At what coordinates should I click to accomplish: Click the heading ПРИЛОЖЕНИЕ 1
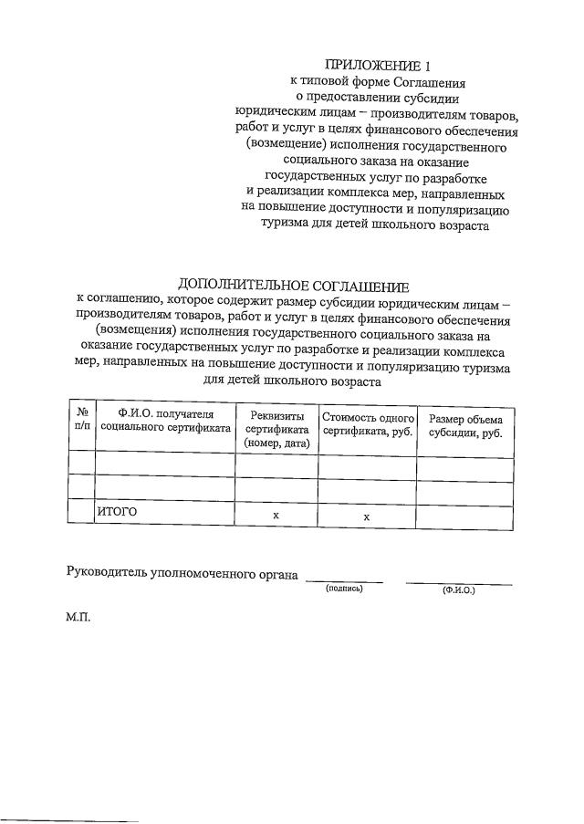click(376, 66)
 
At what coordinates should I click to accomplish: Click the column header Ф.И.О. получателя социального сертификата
click(165, 421)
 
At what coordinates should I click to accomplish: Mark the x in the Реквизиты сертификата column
click(276, 516)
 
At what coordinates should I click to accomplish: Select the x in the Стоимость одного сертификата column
click(367, 516)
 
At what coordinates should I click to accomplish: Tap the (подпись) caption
click(344, 589)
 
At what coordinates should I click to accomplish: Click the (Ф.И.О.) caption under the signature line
click(458, 590)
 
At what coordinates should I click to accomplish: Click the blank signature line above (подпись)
click(344, 580)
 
